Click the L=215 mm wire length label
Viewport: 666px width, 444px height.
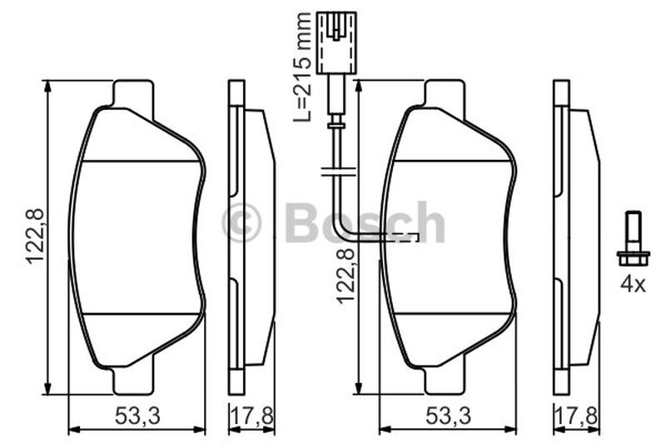click(302, 67)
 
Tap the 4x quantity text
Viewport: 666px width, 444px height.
click(633, 284)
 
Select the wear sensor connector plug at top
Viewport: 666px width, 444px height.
click(336, 43)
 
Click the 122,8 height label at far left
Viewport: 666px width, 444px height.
click(35, 237)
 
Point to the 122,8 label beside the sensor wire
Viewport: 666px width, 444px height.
click(345, 276)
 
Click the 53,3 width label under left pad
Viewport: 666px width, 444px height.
click(137, 416)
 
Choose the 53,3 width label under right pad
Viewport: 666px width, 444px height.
click(448, 416)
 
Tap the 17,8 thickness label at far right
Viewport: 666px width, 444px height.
click(576, 416)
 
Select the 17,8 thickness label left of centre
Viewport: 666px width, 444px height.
click(251, 416)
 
